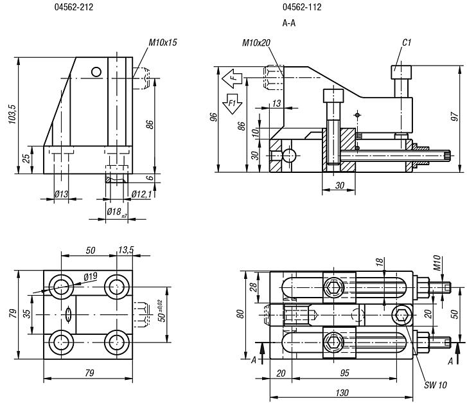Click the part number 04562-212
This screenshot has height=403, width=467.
[x=75, y=8]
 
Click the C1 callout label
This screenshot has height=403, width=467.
[x=406, y=43]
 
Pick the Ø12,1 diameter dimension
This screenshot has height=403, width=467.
[x=141, y=194]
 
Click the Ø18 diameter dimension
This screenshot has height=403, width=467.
[x=116, y=211]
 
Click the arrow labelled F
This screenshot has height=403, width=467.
[x=232, y=78]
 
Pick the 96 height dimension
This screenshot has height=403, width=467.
[x=215, y=117]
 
